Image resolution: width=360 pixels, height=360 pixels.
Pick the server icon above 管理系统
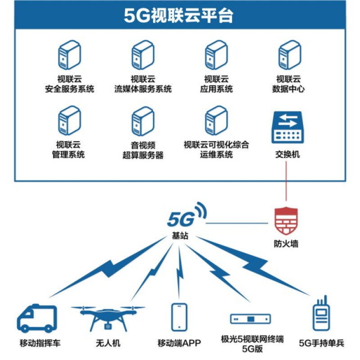tap(69, 121)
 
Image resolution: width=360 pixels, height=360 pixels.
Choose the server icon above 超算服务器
tap(143, 121)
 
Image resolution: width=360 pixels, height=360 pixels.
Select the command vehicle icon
tap(37, 319)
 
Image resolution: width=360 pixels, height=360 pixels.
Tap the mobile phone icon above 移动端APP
tap(179, 317)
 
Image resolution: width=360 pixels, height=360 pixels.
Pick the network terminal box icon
tap(251, 319)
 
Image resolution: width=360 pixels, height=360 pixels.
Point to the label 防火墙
tap(286, 244)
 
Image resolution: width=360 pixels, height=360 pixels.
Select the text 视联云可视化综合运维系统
tap(216, 150)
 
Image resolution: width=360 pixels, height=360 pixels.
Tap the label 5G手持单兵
tap(321, 343)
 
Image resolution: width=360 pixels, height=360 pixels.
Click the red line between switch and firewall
tap(286, 182)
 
